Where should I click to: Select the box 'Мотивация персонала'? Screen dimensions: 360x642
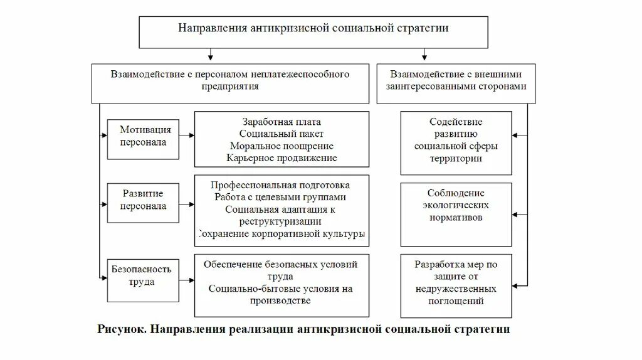pos(145,135)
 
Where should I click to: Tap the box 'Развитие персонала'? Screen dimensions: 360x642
pos(145,200)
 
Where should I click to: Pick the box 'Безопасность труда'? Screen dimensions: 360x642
pos(142,276)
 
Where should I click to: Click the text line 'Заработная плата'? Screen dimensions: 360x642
pos(281,122)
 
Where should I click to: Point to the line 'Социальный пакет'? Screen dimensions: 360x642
pos(282,134)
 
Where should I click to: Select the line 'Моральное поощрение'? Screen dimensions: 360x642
pos(282,146)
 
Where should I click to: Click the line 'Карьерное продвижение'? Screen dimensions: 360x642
pos(282,158)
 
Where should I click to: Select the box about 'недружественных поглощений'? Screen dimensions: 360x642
pos(456,283)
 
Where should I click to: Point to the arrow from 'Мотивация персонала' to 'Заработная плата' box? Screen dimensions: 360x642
pos(188,135)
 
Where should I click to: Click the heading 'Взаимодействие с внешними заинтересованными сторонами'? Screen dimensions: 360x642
pos(456,80)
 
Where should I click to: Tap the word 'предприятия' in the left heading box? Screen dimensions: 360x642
pos(230,87)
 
